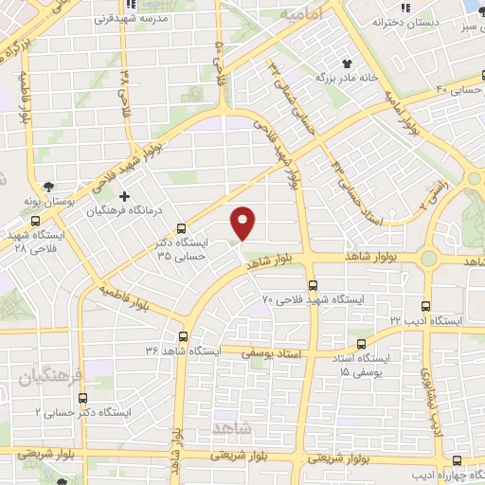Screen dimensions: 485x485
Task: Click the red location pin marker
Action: pos(244,222)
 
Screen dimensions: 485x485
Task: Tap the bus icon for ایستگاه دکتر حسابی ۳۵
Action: pos(182,228)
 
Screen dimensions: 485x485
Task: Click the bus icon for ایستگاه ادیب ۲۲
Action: pos(425,306)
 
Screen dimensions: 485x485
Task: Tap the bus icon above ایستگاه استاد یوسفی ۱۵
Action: pos(359,345)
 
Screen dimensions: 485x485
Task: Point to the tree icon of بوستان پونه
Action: pos(49,187)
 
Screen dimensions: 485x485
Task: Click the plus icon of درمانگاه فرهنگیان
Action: pos(124,196)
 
